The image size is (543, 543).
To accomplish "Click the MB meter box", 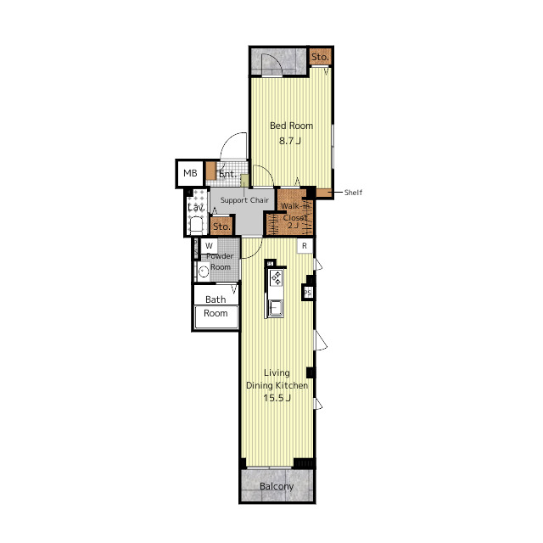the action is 190,173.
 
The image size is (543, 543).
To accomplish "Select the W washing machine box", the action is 209,246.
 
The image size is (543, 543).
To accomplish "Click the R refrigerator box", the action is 305,246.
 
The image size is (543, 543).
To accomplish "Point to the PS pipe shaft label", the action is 307,293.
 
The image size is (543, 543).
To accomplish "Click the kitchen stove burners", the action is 276,278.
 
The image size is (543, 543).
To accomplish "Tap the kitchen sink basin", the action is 276,307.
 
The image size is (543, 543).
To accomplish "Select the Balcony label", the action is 277,486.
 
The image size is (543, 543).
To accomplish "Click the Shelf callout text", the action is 353,193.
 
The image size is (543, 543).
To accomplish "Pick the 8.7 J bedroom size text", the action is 290,141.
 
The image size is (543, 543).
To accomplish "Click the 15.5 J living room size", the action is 277,398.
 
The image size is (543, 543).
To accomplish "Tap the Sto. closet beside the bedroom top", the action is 321,57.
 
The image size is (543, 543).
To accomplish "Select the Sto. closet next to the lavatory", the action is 221,227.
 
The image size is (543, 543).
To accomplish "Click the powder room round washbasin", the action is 204,271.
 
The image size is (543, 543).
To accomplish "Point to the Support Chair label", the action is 244,200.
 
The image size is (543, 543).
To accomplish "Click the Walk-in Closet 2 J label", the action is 294,216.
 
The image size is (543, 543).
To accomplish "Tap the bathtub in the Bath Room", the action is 216,316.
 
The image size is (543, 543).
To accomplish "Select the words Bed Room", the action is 291,126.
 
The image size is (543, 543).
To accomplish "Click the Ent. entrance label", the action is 227,174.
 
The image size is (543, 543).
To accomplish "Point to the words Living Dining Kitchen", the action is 277,379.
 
